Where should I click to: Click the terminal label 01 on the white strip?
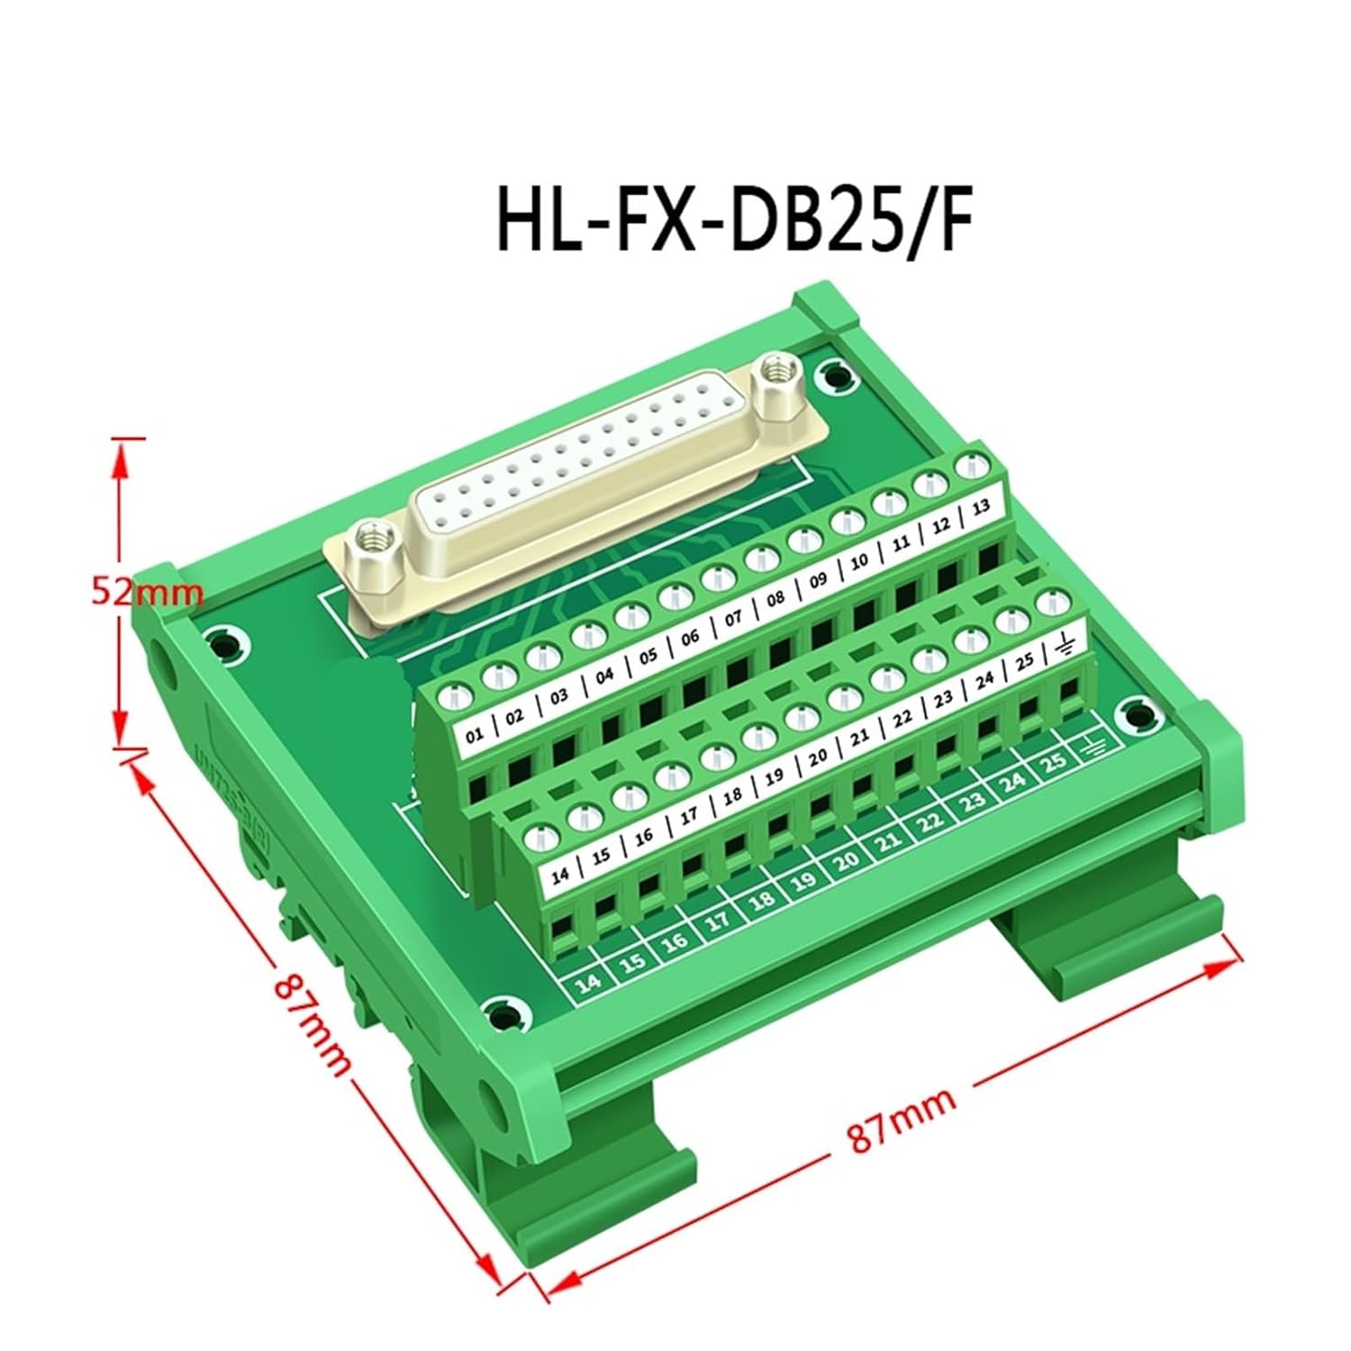coord(475,738)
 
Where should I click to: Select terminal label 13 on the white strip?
coord(981,508)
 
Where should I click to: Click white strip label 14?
coord(559,873)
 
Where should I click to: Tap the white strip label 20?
coord(818,758)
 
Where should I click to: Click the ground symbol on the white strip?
coord(1065,645)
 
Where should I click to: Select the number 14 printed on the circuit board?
coord(588,983)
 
